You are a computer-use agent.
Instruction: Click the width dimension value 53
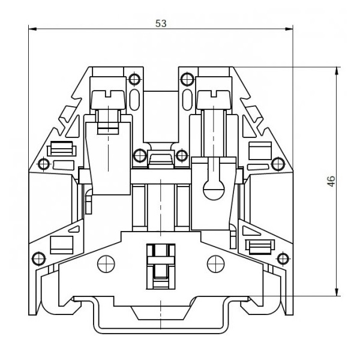click(161, 23)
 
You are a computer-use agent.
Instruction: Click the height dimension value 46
click(331, 181)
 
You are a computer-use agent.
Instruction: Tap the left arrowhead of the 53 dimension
click(32, 29)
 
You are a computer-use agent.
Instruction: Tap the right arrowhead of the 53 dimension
click(289, 29)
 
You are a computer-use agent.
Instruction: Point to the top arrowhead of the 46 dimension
click(337, 71)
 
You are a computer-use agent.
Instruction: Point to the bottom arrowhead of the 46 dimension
click(337, 292)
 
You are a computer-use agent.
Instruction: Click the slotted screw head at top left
click(108, 100)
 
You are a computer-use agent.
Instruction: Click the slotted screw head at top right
click(214, 100)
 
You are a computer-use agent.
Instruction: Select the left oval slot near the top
click(134, 100)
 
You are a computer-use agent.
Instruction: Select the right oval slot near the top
click(187, 100)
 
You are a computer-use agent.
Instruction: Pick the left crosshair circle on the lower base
click(106, 264)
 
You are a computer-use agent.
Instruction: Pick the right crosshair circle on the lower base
click(216, 264)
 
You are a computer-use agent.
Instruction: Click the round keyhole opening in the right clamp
click(214, 190)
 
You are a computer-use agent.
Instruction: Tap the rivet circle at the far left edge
click(44, 164)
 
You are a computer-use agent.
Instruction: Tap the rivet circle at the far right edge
click(278, 164)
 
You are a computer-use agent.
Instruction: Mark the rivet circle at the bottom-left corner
click(38, 259)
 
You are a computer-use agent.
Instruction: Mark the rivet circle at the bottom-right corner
click(283, 259)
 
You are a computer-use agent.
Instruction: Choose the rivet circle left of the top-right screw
click(187, 79)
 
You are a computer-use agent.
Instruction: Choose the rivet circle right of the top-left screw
click(134, 79)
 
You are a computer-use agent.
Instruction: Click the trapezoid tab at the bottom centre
click(161, 313)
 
